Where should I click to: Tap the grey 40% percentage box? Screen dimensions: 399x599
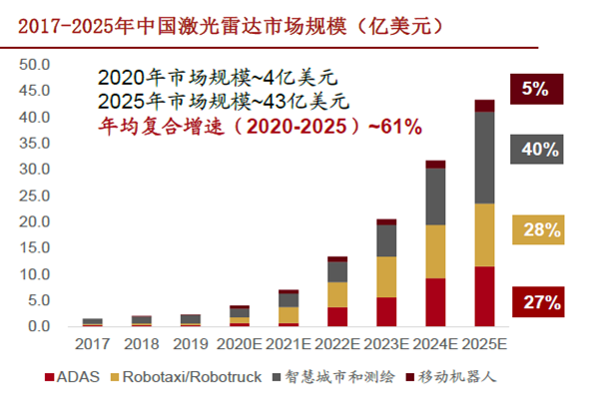[538, 150]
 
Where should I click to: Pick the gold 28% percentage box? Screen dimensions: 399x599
[538, 230]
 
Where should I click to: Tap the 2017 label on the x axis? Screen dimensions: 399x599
[92, 343]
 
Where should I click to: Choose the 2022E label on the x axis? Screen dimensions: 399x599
[337, 343]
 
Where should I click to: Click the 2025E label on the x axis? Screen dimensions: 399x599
[484, 343]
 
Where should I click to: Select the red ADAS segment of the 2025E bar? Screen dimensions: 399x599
[484, 296]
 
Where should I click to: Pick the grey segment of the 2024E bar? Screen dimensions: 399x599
[435, 197]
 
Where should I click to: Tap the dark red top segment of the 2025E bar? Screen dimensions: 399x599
[484, 106]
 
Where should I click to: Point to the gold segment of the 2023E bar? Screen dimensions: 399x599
[386, 276]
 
